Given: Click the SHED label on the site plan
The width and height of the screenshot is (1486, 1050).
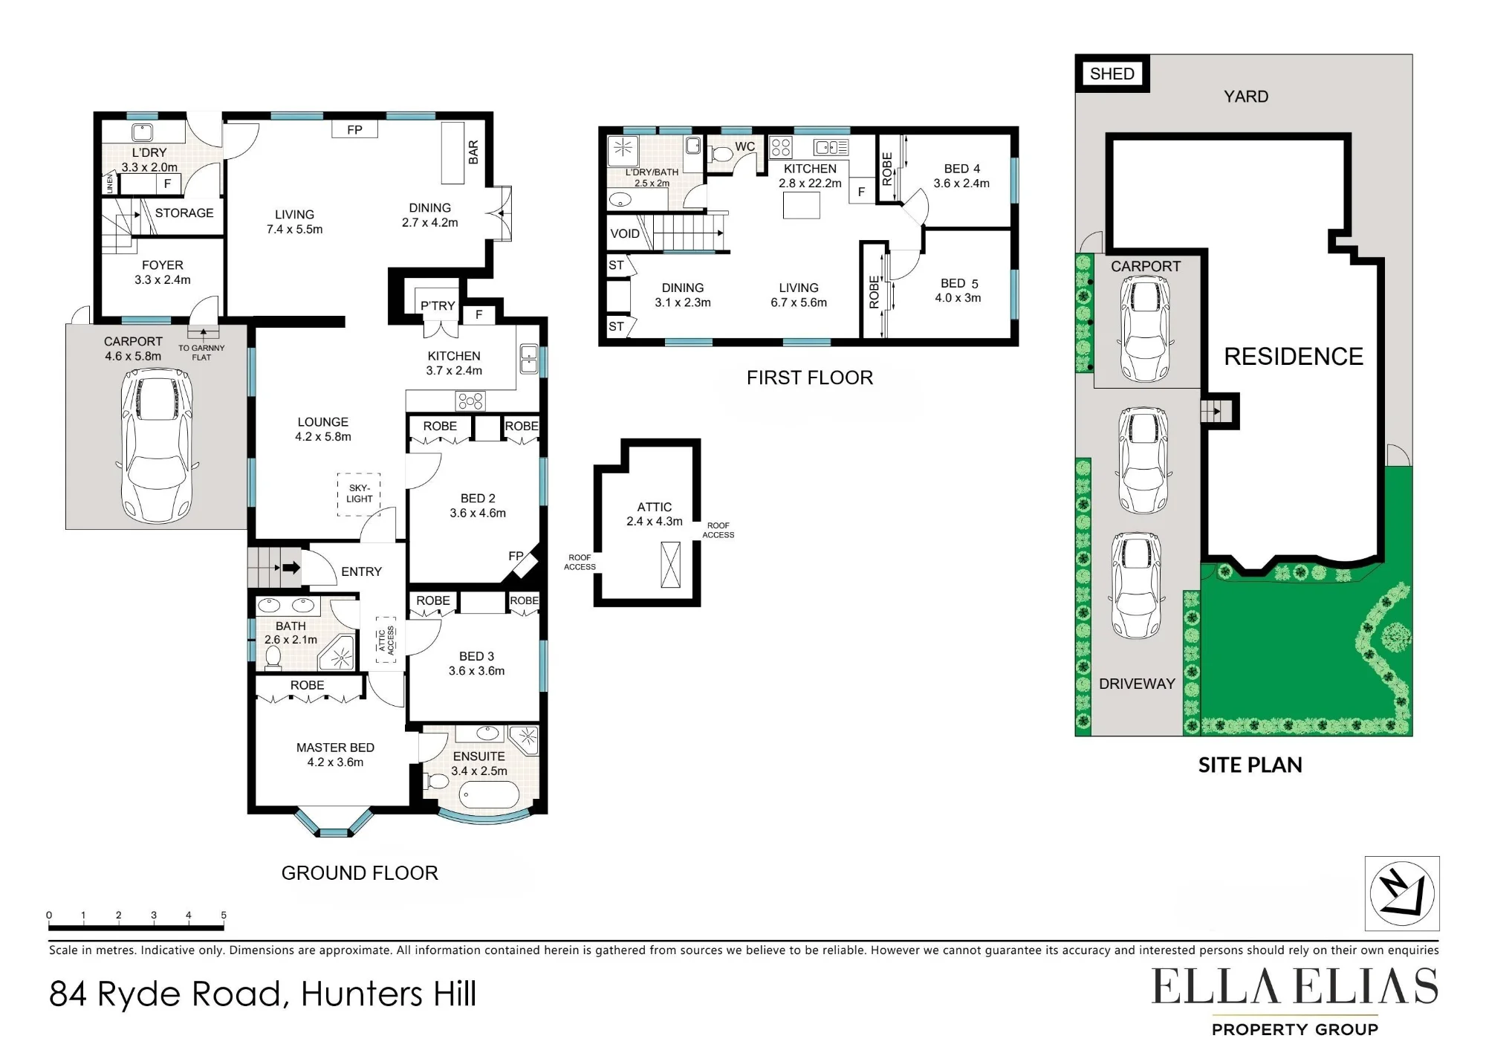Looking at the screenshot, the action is (1112, 74).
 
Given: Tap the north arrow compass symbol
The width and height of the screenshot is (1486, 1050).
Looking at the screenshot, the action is (1402, 892).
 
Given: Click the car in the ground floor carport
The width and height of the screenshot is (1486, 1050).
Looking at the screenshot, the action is (156, 446).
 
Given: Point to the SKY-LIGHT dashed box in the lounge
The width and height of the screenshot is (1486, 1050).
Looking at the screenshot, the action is (359, 494).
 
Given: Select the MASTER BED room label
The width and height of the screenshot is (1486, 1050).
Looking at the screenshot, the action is (335, 748).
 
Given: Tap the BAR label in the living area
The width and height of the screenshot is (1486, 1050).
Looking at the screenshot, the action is (473, 152).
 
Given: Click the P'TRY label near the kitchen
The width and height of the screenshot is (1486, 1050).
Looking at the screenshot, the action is (438, 305).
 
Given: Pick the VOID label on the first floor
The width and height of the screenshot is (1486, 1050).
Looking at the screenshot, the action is (625, 233).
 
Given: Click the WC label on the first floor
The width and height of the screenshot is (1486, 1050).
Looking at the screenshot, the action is (744, 146).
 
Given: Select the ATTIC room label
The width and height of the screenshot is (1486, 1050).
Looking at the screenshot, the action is (655, 507).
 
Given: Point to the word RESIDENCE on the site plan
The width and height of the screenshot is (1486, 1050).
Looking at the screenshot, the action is (1294, 357).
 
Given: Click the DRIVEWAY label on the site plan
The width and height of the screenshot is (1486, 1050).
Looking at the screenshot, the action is (1137, 684).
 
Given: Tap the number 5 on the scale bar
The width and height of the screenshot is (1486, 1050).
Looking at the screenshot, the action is (224, 915).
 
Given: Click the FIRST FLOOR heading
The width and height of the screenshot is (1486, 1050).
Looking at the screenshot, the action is (810, 377).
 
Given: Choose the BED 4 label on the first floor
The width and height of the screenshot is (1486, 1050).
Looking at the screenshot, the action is (962, 169).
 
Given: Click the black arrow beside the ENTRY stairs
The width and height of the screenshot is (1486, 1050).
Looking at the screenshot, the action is (291, 568).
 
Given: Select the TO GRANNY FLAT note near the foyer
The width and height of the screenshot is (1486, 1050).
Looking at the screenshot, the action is (201, 352).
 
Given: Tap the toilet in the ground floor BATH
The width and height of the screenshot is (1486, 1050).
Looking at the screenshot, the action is (273, 656).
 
